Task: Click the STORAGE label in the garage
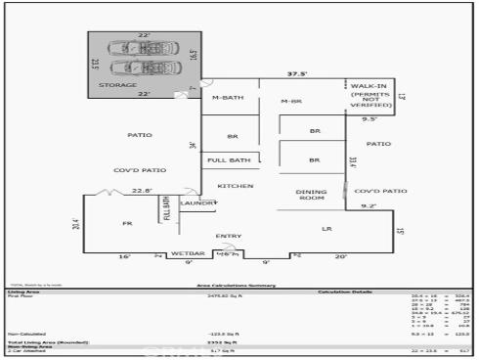(x=117, y=85)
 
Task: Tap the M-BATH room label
(x=228, y=98)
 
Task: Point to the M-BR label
(x=290, y=102)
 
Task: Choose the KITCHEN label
(x=235, y=186)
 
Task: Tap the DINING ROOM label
(x=310, y=195)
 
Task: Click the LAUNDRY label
(x=197, y=202)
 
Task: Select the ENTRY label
(x=228, y=236)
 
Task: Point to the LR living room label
(x=327, y=228)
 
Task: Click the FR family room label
(x=126, y=224)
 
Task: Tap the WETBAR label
(x=188, y=253)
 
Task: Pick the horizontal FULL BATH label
(x=230, y=159)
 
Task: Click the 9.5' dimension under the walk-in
(x=370, y=118)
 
